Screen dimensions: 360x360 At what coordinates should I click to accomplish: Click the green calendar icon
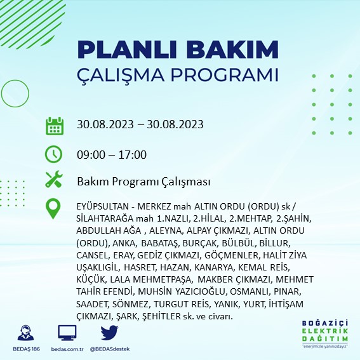[55, 126]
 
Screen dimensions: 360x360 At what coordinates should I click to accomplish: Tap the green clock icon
[53, 154]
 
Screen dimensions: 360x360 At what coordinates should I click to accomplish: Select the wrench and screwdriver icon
[54, 179]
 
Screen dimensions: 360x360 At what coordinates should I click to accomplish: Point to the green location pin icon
[53, 209]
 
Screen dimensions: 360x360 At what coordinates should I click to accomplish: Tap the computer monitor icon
[67, 333]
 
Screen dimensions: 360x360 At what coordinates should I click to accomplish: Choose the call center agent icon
[25, 333]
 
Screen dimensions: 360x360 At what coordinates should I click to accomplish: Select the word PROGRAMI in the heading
[224, 75]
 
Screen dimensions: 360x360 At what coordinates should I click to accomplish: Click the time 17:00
[133, 154]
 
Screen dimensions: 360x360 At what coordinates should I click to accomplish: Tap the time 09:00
[91, 154]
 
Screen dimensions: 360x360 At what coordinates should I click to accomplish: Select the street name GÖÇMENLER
[231, 255]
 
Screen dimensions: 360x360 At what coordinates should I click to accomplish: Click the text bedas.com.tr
[67, 349]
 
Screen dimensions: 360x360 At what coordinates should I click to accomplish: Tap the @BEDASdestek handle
[110, 349]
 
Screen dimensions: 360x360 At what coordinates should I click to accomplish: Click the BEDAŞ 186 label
[26, 349]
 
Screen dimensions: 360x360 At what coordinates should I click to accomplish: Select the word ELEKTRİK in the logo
[325, 331]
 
